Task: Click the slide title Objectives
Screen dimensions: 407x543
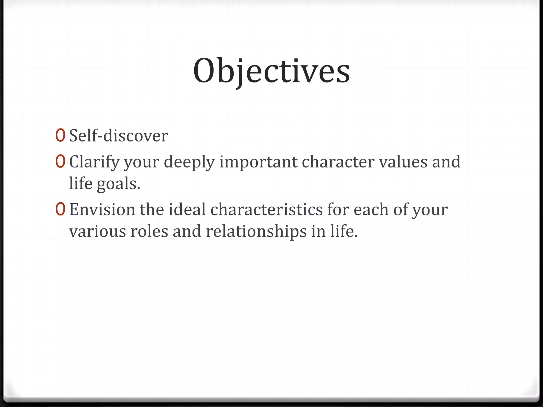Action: point(271,71)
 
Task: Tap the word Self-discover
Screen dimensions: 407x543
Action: point(119,136)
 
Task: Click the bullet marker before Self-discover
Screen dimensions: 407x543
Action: point(60,135)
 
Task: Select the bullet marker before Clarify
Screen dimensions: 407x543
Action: point(60,161)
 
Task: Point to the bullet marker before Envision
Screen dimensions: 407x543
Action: point(60,209)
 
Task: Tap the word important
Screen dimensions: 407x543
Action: point(258,162)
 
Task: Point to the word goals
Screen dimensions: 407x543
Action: point(118,184)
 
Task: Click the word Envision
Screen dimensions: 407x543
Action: point(102,209)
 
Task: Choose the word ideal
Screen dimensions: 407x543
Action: point(187,209)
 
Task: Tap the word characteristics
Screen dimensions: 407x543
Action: point(266,209)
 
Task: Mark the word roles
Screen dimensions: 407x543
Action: point(149,231)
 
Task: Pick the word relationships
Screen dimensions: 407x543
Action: point(256,231)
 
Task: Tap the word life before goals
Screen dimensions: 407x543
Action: point(81,183)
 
